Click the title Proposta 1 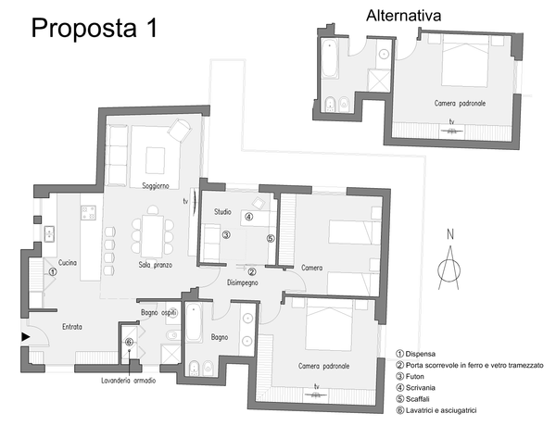(95, 28)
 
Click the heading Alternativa (403, 16)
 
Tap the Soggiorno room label (156, 186)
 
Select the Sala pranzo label (156, 265)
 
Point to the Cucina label (68, 263)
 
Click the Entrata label (72, 327)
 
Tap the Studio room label (222, 212)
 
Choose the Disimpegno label (243, 282)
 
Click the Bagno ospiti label (158, 313)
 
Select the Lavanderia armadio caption (129, 381)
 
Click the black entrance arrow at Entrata (26, 337)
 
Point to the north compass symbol (449, 260)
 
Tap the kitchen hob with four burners (88, 213)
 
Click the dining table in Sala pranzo (153, 235)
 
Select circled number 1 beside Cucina (52, 272)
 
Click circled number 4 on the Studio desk (249, 217)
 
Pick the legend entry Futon (410, 376)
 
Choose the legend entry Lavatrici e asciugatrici (436, 410)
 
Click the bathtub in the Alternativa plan (330, 58)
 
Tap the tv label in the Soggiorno (185, 202)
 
